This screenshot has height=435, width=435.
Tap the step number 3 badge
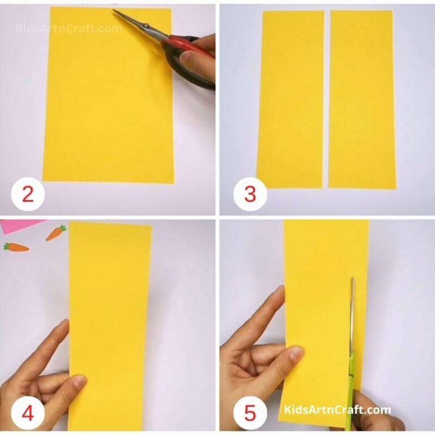coord(250,194)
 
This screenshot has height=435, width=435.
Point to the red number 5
coord(250,413)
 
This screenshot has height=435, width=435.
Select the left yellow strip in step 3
coord(290,99)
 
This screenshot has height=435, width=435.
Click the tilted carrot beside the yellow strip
coord(56,232)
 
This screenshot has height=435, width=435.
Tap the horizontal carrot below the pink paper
coord(16,247)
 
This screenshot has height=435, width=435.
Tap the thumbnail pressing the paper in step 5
coord(295,355)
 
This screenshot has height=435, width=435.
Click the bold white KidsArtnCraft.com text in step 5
coord(337,410)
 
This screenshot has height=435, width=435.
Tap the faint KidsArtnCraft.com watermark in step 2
coord(68,28)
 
